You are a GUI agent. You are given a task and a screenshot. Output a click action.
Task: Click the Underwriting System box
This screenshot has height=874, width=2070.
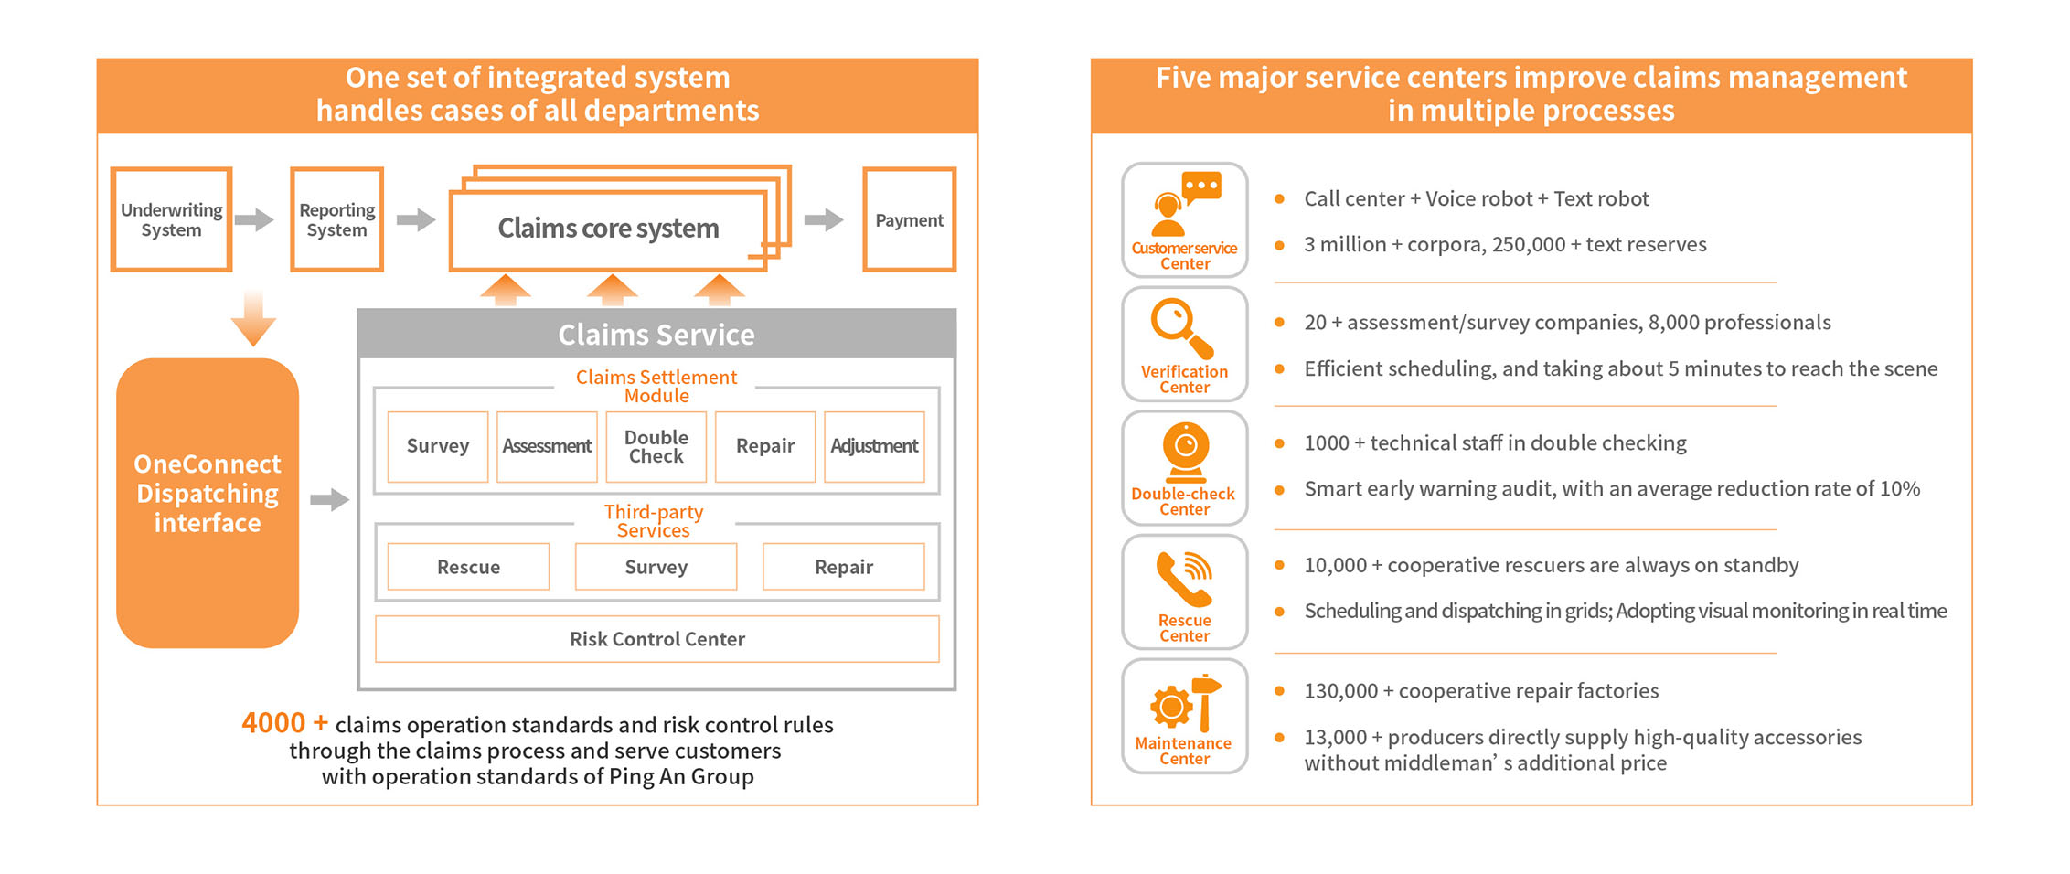tap(171, 219)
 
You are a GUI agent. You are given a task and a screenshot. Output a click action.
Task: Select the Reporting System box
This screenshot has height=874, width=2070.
tap(336, 219)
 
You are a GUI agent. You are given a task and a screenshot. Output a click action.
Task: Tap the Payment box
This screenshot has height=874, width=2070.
tap(909, 219)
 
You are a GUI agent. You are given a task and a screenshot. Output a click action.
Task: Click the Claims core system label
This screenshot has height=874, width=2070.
tap(608, 229)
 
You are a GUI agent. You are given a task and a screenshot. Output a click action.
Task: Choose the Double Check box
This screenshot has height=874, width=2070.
tap(656, 447)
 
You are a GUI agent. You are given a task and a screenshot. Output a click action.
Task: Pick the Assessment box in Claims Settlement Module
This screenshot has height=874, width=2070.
tap(547, 447)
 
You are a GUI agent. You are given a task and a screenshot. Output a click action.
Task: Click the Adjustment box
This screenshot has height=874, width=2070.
tap(874, 447)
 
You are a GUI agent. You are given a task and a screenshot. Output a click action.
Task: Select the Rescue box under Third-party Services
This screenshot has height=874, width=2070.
tap(468, 567)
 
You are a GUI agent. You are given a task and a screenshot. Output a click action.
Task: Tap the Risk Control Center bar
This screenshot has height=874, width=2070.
tap(656, 639)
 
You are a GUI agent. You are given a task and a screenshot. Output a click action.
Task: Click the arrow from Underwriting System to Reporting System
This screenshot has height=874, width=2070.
tap(253, 219)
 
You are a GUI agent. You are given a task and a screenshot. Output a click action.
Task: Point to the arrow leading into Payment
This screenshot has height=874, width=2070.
tap(823, 219)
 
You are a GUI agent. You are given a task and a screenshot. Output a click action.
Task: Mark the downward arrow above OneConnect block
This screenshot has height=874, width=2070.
tap(253, 319)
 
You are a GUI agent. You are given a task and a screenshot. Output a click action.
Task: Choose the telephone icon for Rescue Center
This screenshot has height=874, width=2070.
tap(1184, 579)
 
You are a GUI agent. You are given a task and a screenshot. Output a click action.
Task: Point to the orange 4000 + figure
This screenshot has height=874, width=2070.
tap(284, 723)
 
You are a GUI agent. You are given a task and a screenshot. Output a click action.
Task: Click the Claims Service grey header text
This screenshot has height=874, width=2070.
tap(656, 335)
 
